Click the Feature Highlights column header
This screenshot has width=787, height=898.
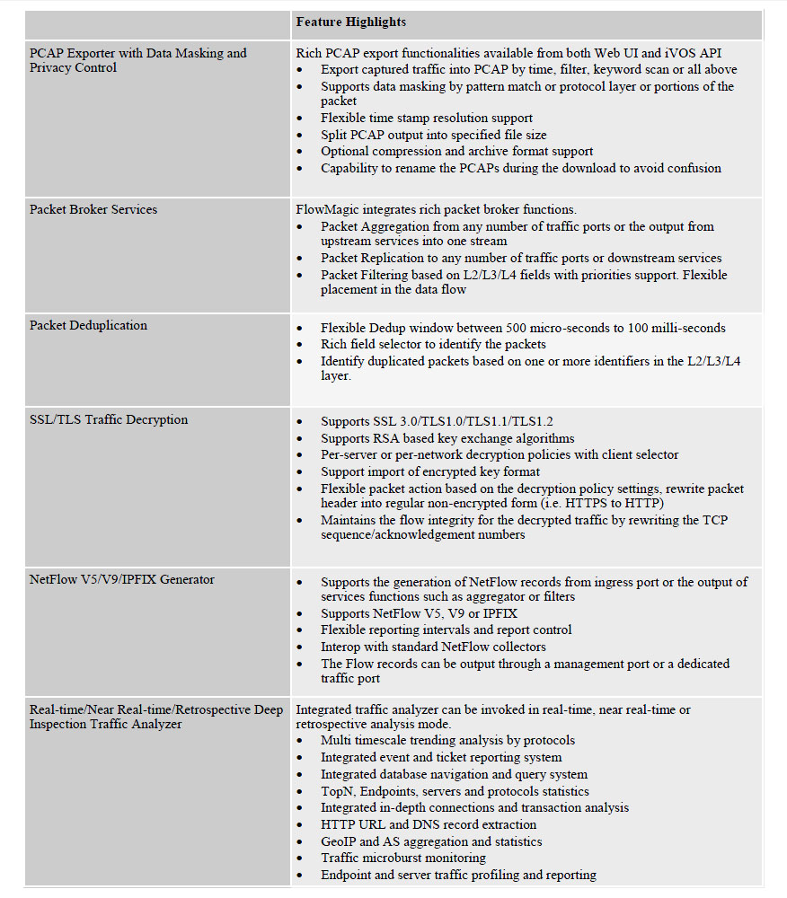350,22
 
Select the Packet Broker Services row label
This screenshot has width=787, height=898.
93,210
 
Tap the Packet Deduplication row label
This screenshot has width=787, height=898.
88,326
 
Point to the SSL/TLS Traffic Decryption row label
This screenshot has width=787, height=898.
109,420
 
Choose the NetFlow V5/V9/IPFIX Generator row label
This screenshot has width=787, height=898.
122,580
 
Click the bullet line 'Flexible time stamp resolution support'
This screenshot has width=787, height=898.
427,119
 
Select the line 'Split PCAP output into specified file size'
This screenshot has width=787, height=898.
433,135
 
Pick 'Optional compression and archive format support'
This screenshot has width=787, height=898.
456,152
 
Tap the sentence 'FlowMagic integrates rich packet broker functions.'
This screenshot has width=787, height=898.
437,210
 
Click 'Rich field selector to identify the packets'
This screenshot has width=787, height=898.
433,345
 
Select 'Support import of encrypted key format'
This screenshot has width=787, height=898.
430,472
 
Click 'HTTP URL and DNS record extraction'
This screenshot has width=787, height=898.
429,825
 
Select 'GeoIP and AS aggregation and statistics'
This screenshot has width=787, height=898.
431,842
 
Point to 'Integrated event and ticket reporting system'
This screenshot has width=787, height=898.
441,758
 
